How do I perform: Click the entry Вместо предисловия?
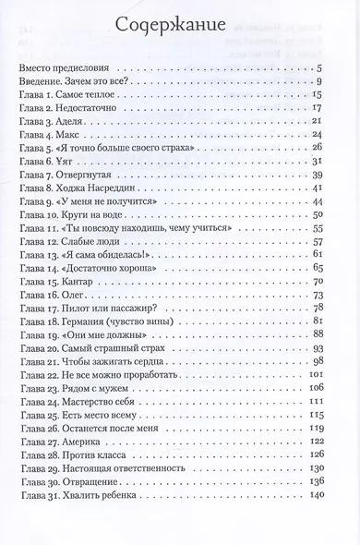click(63, 69)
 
